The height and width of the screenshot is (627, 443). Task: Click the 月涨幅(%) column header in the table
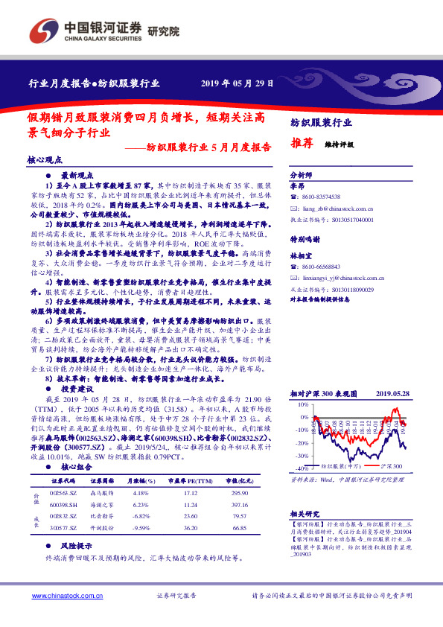pyautogui.click(x=141, y=483)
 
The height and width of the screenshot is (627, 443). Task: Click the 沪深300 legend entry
pyautogui.click(x=390, y=465)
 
